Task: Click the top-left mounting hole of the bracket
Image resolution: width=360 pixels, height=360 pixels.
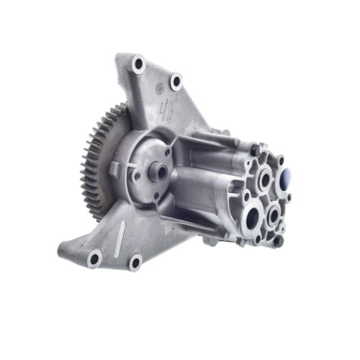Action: click(138, 65)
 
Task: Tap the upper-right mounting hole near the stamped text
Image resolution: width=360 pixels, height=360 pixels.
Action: click(175, 81)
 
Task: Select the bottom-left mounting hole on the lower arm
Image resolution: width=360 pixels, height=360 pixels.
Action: click(94, 257)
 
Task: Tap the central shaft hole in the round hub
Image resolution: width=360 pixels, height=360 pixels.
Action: click(161, 172)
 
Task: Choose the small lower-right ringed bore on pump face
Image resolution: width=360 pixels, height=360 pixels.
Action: click(274, 214)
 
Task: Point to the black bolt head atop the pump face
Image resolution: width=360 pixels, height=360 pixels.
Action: click(253, 149)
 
